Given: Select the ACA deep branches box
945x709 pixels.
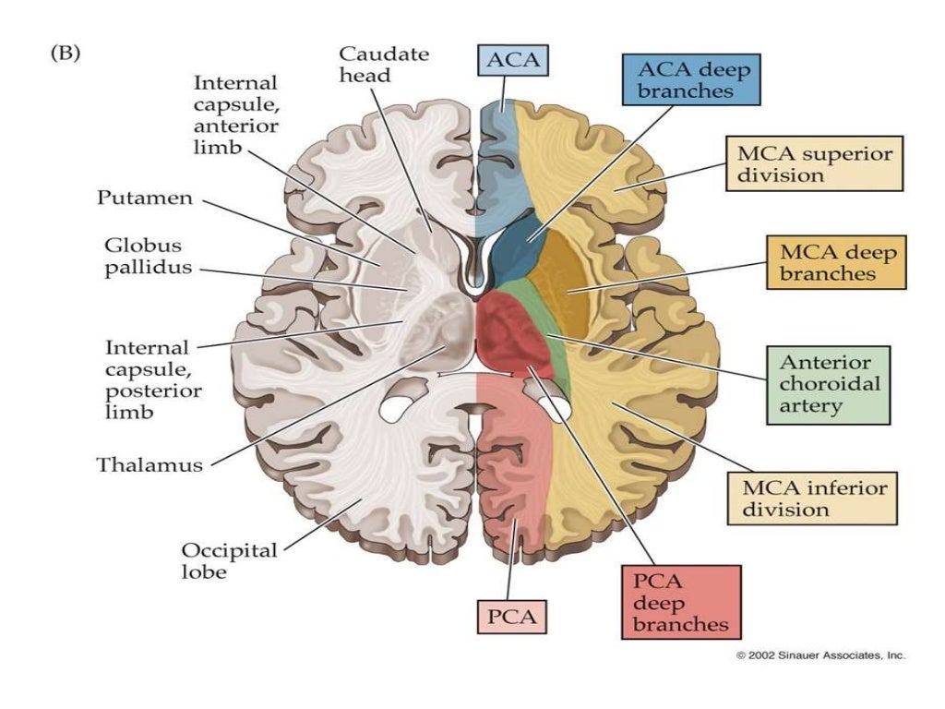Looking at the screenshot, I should [690, 78].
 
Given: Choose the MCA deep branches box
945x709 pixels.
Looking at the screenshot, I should [836, 261].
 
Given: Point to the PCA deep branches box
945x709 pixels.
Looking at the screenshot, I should [681, 601].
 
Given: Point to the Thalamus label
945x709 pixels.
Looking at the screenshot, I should [150, 464].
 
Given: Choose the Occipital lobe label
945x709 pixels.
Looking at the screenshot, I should [229, 560].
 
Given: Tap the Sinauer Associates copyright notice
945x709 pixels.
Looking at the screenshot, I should [820, 655].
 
